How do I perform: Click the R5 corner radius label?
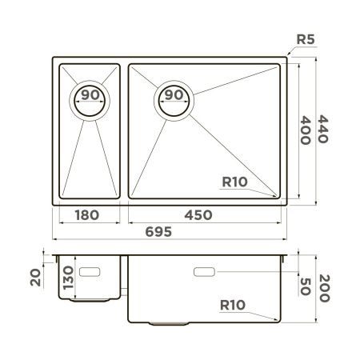(x=306, y=38)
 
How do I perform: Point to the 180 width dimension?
(x=86, y=214)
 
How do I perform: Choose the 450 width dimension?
(x=205, y=214)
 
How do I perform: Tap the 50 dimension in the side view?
(x=305, y=286)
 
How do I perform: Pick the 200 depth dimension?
(x=323, y=286)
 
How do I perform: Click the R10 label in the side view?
(x=233, y=305)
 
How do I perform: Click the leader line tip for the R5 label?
(x=287, y=56)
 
